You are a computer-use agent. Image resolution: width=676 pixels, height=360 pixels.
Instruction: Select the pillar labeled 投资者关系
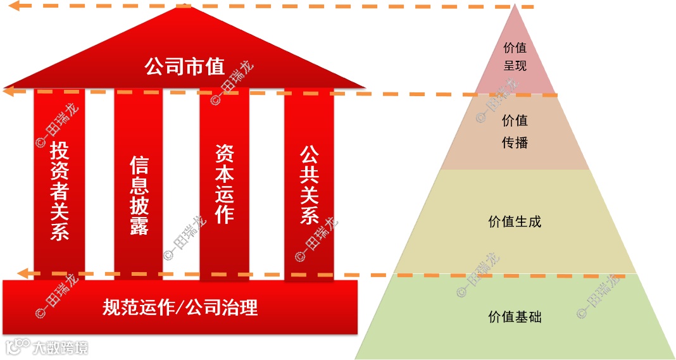coord(59,190)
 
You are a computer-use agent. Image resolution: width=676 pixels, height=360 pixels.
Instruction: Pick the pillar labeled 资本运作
coord(224,183)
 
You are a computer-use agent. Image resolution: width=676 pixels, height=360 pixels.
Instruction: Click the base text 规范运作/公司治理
coord(180,307)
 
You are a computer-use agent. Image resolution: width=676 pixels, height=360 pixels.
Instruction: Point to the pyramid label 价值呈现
coord(515,56)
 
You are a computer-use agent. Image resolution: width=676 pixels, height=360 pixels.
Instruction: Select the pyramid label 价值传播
coord(515,132)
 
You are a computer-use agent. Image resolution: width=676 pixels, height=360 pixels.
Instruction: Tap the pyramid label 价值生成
coord(515,222)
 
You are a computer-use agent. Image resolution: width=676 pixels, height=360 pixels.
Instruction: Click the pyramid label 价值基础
coord(515,317)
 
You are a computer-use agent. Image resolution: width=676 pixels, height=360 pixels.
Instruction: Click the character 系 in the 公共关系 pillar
coord(309,215)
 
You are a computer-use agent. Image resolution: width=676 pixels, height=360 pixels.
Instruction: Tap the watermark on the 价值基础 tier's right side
coord(598,296)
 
